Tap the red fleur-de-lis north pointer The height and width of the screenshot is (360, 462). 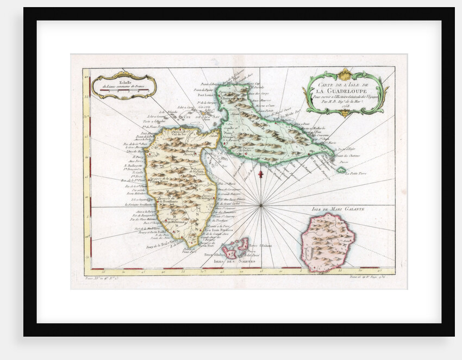tap(260, 173)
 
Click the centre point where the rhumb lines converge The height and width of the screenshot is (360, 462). tap(261, 205)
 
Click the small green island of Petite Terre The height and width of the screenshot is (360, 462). tap(341, 170)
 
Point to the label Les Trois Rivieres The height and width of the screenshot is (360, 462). tap(218, 230)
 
